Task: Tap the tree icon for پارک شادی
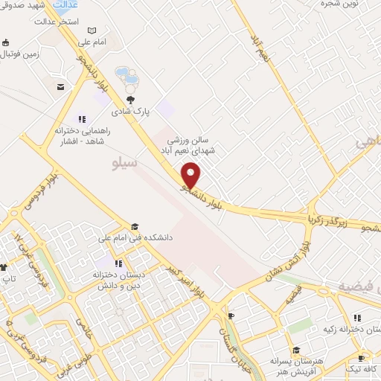tap(131, 100)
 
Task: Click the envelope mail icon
tap(60, 87)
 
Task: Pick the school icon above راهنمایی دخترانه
tap(82, 118)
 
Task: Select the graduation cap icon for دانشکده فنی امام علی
tap(135, 227)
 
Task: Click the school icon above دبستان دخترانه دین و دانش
tap(118, 263)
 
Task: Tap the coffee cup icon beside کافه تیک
tap(362, 358)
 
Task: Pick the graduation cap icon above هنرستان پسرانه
tap(295, 350)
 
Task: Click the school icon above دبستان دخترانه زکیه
tap(357, 318)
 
